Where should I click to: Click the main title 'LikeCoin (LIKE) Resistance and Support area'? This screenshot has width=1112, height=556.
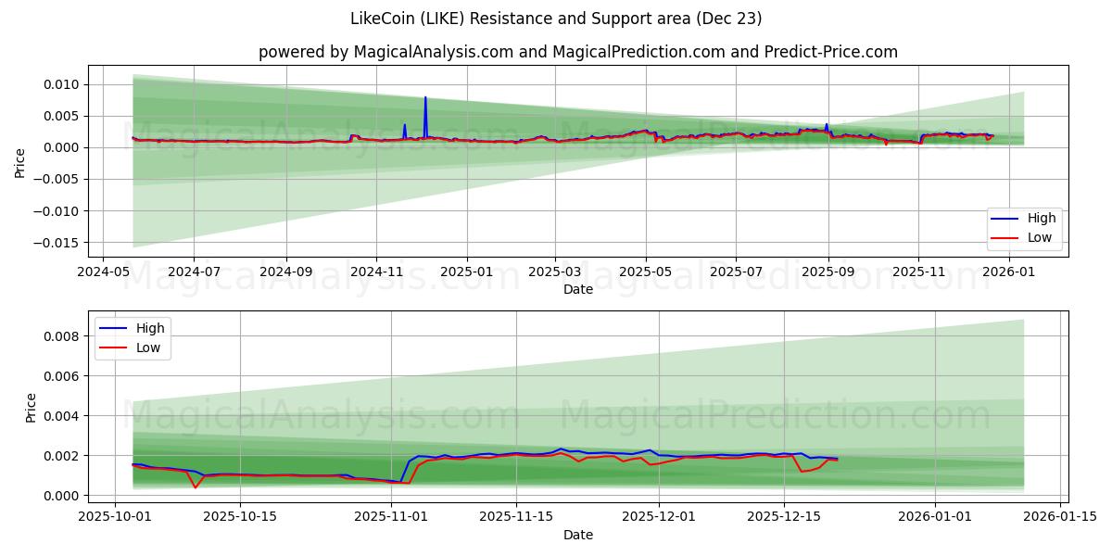[556, 19]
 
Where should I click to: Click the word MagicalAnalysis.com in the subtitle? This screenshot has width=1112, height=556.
[434, 52]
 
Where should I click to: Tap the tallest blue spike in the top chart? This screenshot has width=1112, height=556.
[425, 97]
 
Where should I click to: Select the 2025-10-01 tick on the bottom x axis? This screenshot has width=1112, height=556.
[115, 518]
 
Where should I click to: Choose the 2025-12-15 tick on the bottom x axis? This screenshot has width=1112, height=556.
[784, 518]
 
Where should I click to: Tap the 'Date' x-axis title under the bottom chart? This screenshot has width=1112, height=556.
[578, 535]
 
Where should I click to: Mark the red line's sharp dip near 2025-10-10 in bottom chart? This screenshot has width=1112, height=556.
[196, 487]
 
